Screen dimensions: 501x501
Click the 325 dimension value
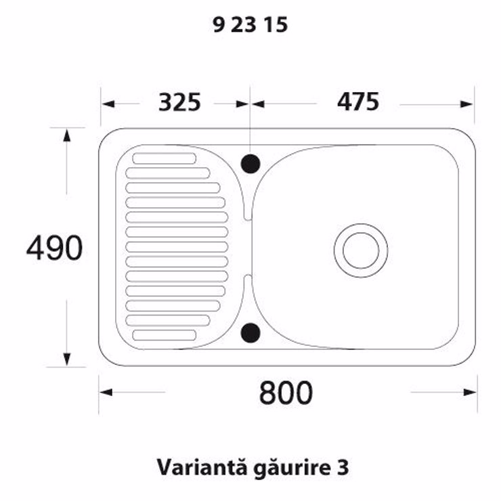click(179, 102)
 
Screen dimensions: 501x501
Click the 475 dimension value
click(358, 102)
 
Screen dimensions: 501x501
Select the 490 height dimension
click(54, 248)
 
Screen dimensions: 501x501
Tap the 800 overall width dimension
click(286, 393)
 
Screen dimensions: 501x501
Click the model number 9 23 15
click(250, 24)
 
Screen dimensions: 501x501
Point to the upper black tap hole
click(250, 164)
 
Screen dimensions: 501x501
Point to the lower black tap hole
click(250, 332)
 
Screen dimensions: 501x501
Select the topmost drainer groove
click(165, 158)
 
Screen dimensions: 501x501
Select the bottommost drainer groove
click(165, 335)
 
